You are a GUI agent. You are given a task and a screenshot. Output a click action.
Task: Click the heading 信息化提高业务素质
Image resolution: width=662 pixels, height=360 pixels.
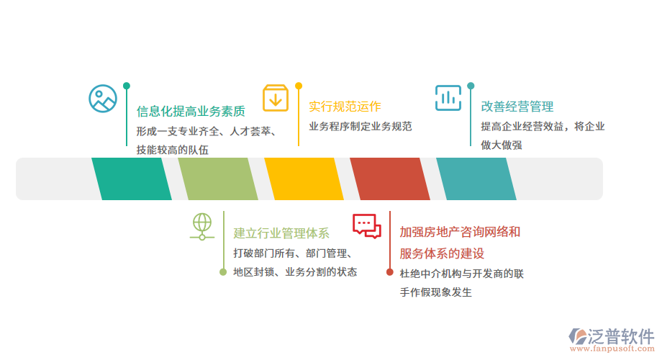click(191, 112)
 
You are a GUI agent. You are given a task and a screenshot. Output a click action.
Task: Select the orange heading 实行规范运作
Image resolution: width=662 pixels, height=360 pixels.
click(345, 107)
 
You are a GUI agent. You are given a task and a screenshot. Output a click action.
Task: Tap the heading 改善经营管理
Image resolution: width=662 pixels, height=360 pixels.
click(517, 107)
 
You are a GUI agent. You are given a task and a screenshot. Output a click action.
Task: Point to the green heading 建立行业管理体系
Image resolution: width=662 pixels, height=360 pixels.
click(281, 233)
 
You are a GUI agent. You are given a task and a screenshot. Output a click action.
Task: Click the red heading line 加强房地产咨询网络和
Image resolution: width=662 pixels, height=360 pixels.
click(460, 232)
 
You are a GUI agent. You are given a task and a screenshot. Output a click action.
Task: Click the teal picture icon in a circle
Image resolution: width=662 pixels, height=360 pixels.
click(103, 99)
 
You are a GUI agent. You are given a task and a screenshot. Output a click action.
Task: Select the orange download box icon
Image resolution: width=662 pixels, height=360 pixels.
click(275, 98)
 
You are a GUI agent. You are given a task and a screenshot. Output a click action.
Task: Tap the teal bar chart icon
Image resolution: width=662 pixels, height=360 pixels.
click(448, 98)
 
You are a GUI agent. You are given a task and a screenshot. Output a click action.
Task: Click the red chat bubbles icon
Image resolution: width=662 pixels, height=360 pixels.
click(366, 225)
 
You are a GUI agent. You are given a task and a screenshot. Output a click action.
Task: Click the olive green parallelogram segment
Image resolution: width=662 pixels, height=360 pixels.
click(218, 179)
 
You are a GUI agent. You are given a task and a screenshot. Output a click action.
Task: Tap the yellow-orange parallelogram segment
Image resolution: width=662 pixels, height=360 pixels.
click(304, 179)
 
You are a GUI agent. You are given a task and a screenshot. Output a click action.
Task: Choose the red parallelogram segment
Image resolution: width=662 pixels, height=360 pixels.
click(390, 179)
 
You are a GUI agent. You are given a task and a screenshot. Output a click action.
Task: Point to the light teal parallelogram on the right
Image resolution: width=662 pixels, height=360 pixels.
click(476, 179)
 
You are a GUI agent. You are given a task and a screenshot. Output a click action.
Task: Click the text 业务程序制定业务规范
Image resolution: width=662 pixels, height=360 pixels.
click(361, 127)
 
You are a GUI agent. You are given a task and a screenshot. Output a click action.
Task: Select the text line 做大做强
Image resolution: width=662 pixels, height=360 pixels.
click(502, 145)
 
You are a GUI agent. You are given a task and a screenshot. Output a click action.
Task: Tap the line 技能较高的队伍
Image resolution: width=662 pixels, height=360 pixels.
click(172, 150)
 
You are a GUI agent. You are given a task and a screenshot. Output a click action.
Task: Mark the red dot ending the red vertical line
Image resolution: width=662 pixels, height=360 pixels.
click(389, 272)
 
